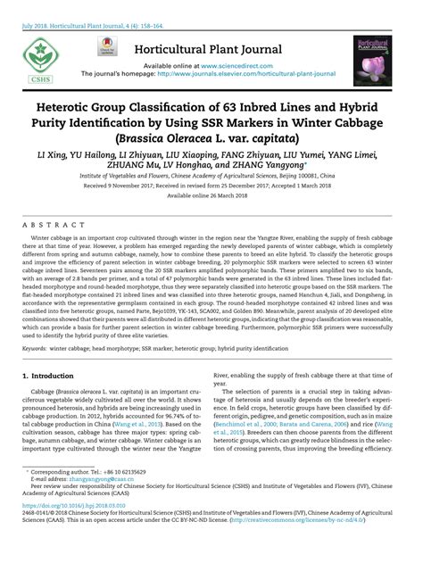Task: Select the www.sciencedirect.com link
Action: [234, 66]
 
